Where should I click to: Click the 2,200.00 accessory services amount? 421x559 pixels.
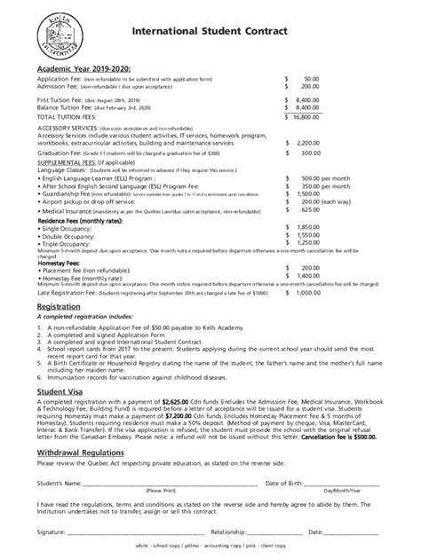(x=306, y=142)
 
